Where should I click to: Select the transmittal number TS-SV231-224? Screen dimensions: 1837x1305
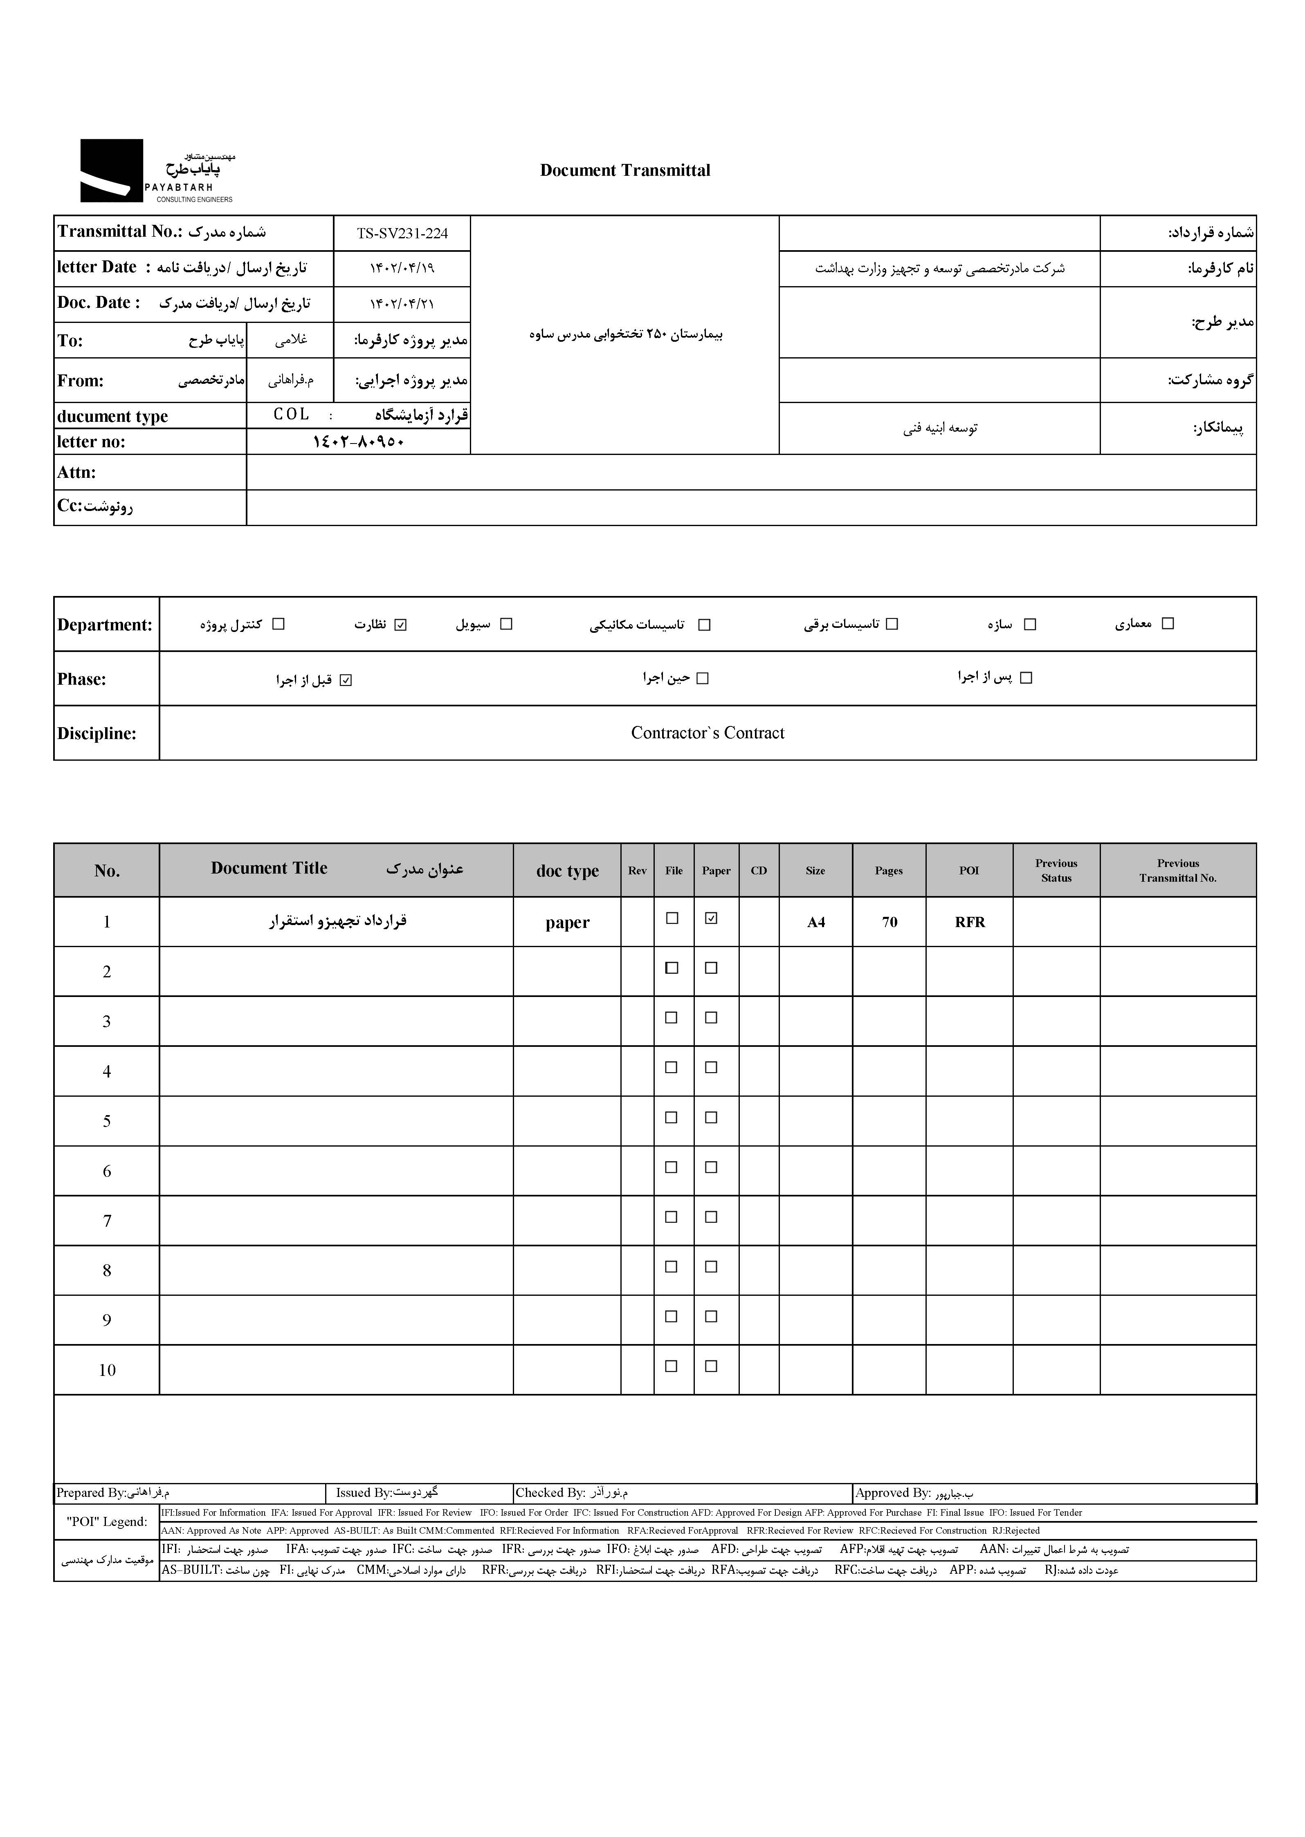[x=402, y=234]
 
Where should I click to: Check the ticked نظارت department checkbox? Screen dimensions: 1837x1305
[x=401, y=624]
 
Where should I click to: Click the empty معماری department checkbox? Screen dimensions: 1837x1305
[x=1168, y=623]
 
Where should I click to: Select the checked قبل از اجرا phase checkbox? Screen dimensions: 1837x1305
[x=346, y=680]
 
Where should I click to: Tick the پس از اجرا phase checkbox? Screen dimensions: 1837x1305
[x=1025, y=678]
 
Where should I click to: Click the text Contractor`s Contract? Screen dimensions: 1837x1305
[x=707, y=733]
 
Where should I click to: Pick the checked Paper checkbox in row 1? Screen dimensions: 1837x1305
[x=710, y=918]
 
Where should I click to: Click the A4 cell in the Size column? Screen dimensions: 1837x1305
[x=815, y=922]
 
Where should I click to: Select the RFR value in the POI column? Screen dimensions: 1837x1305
[x=969, y=922]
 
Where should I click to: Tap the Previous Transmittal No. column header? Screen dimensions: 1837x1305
[x=1177, y=871]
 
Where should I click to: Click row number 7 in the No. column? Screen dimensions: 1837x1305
[x=107, y=1221]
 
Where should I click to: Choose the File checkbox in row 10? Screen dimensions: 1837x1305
[x=672, y=1366]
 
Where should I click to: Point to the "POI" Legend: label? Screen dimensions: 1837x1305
[x=107, y=1521]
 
